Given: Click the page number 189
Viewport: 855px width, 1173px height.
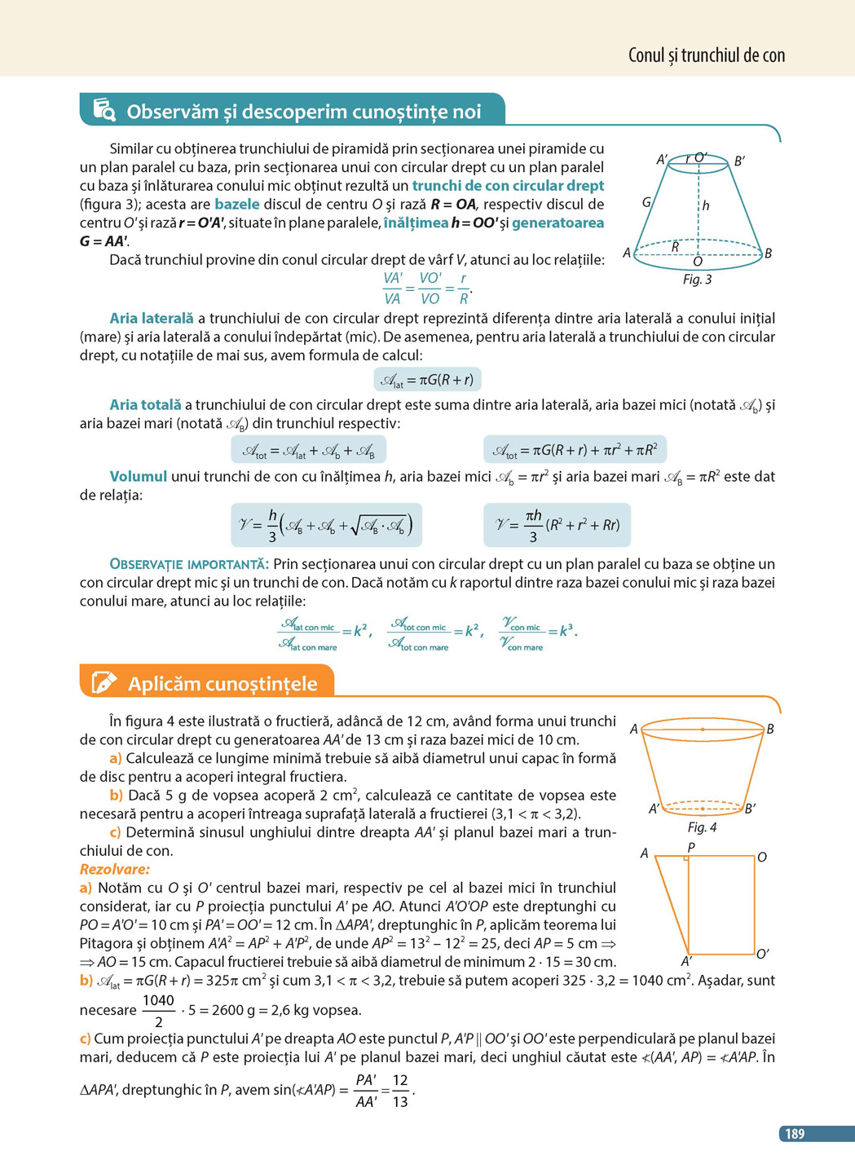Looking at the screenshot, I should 794,1133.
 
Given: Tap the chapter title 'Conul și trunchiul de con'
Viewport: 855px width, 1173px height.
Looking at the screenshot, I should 706,55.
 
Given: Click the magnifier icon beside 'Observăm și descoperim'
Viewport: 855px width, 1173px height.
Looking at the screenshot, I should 104,110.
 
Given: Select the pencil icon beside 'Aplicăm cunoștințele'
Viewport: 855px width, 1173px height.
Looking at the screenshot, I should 104,682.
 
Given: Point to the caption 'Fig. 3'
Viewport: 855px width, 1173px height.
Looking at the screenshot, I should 697,280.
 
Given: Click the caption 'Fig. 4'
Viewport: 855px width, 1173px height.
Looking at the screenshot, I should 702,827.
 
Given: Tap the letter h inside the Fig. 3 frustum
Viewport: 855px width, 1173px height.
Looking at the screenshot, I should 706,206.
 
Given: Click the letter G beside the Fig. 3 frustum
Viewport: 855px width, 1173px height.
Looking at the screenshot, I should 646,201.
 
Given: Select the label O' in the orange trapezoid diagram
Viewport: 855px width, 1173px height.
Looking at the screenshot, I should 763,953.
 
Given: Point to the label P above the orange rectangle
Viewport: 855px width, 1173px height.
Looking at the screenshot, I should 691,848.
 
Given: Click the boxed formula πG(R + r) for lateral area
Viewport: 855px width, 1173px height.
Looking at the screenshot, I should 428,380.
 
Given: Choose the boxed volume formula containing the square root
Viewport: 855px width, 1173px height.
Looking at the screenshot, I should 326,525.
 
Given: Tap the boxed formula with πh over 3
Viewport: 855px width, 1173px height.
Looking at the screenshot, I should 557,525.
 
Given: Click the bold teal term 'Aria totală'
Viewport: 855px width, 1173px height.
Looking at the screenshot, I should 146,405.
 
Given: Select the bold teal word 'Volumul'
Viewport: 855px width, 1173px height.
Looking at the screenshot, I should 139,477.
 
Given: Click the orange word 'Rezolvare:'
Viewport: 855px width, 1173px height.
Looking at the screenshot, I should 115,869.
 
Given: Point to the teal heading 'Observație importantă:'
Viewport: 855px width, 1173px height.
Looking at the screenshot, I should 189,564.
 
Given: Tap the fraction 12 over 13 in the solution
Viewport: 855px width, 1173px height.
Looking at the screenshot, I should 400,1091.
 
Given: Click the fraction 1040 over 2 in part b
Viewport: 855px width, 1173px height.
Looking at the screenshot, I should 158,1011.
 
